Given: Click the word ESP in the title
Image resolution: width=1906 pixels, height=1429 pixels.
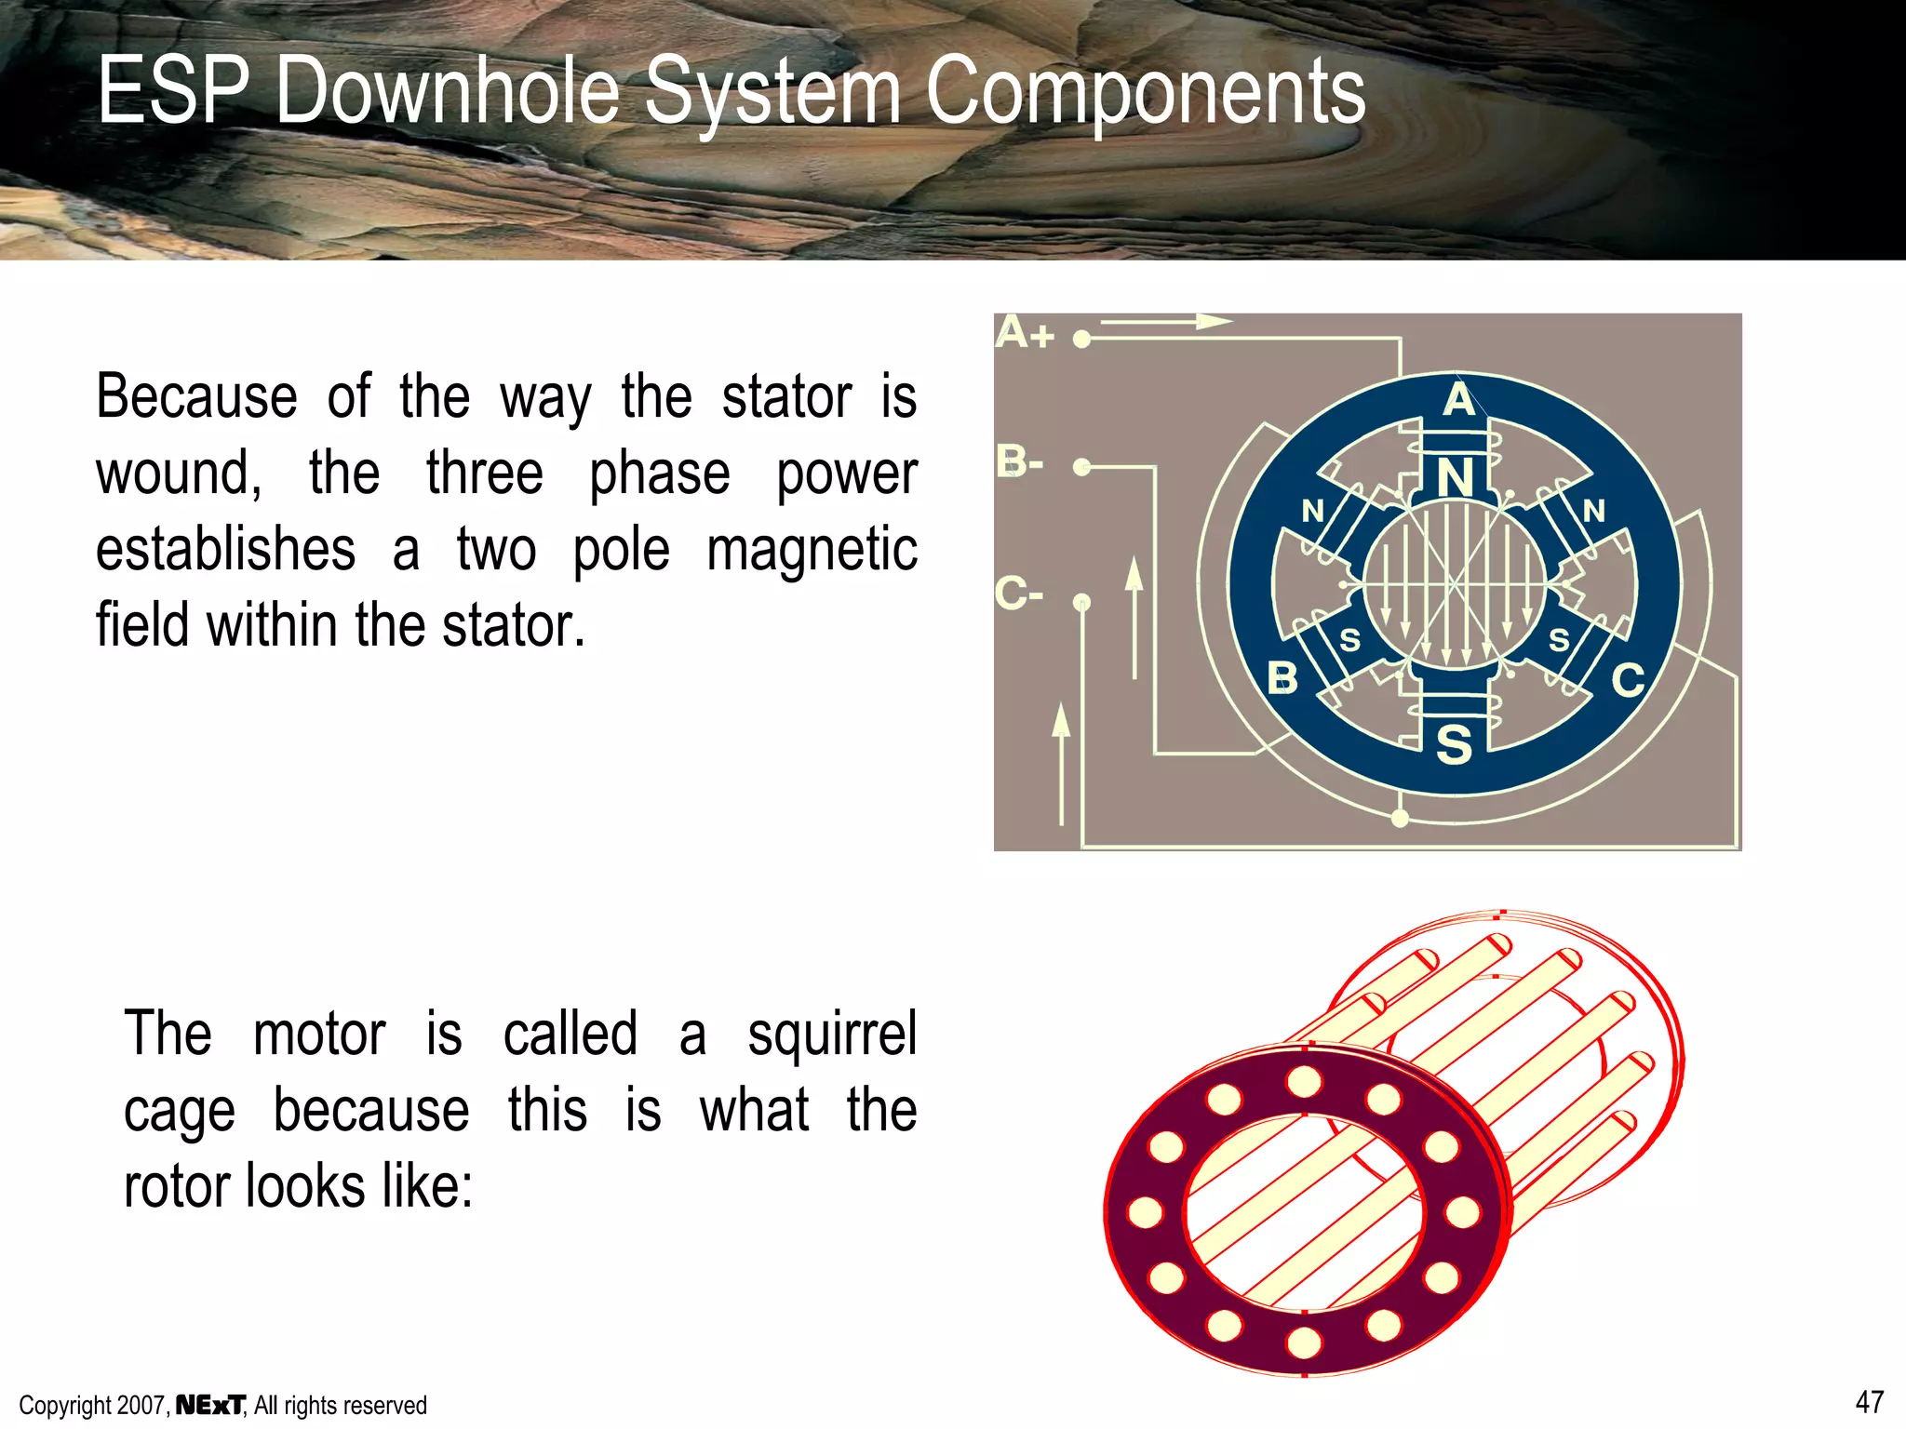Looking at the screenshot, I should [173, 90].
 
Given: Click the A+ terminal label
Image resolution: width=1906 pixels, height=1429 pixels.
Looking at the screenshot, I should [1024, 333].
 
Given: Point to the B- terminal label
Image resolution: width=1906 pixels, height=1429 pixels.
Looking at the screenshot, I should [1020, 461].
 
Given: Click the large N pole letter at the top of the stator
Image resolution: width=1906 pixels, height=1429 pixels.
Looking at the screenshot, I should [1455, 478].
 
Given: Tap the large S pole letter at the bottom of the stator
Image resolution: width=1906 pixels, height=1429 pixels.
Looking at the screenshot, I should [1454, 745].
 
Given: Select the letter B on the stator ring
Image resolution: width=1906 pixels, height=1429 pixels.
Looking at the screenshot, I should [1282, 678].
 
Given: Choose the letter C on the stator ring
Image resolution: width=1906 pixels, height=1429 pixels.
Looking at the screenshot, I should [1628, 680].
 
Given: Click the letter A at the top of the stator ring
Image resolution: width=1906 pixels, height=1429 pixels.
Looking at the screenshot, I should [1458, 400].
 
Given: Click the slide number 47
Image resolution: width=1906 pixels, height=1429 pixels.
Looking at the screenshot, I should [1869, 1402].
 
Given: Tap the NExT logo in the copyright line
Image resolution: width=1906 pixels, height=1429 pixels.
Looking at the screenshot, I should [210, 1405].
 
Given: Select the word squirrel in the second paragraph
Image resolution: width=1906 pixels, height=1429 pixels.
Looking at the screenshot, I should [832, 1034].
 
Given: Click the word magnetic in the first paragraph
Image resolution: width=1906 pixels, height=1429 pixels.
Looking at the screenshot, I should [812, 549].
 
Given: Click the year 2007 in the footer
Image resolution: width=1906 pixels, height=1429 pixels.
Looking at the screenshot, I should [142, 1406].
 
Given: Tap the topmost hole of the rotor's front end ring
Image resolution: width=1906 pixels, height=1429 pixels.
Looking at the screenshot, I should [1304, 1082].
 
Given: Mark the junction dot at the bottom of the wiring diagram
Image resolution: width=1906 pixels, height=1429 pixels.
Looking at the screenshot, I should [1400, 819].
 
